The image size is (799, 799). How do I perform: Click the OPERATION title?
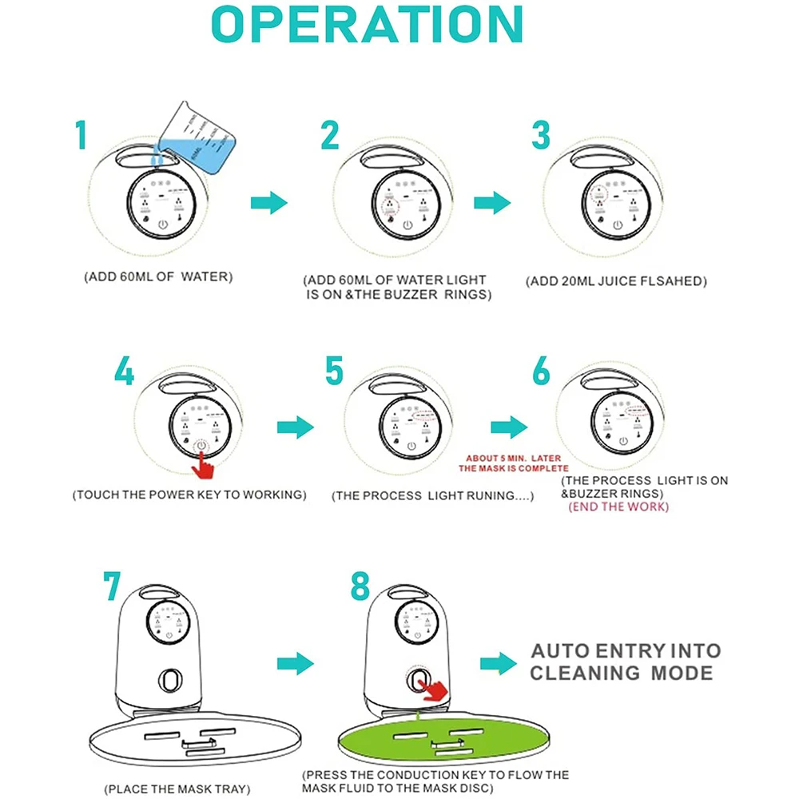point(368,24)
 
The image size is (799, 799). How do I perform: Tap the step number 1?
point(81,135)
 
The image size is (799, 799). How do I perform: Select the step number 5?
point(334,371)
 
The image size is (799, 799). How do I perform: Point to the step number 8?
point(360,586)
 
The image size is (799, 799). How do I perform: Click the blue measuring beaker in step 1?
point(197,140)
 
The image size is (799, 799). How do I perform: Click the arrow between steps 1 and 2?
point(269,203)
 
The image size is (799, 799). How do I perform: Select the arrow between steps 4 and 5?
point(296,427)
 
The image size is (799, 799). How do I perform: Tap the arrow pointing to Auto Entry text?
point(499,663)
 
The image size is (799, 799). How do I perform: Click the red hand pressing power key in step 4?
point(203,465)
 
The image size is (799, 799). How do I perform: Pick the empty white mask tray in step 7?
point(195,739)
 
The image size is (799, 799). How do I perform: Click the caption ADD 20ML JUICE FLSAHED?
point(616,281)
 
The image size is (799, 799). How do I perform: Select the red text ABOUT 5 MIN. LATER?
point(513,458)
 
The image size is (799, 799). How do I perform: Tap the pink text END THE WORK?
point(618,507)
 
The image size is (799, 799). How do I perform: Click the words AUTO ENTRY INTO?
point(626,650)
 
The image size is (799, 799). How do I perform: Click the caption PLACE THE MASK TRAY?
point(177,789)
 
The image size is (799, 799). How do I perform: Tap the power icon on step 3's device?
point(618,225)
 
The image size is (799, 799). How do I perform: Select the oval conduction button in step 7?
point(170,680)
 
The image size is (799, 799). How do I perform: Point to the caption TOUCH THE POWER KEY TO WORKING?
point(189,495)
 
